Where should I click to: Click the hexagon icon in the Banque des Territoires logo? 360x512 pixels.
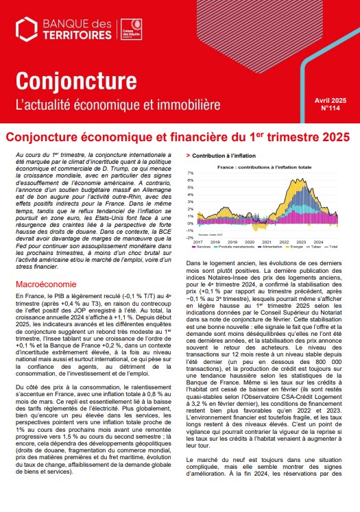coord(27,28)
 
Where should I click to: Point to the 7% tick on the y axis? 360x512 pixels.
coord(190,173)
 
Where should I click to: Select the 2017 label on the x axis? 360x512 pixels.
coord(197,242)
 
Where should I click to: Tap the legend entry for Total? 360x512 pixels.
coord(333,246)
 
